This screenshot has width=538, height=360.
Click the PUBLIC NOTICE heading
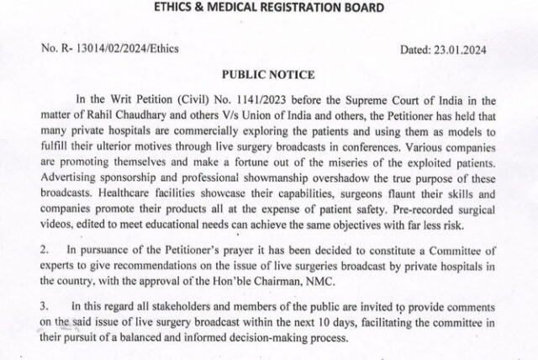(268, 76)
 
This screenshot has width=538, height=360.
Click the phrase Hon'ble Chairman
(256, 282)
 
